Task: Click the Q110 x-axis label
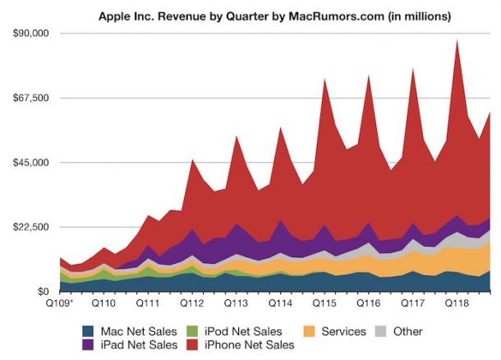103,303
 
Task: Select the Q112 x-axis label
191,303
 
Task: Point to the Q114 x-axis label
280,303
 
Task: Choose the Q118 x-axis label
456,303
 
